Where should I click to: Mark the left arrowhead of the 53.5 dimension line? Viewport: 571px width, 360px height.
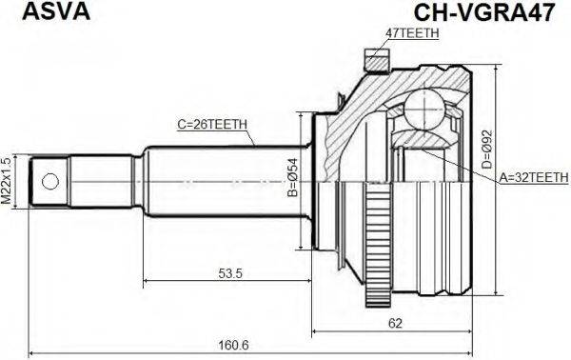147,283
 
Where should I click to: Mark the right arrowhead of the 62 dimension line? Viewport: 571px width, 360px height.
468,332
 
